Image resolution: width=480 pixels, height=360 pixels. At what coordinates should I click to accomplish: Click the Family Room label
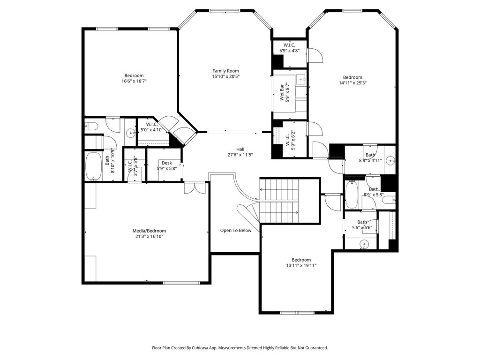[225, 71]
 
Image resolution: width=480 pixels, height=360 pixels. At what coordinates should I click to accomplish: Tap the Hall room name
[240, 150]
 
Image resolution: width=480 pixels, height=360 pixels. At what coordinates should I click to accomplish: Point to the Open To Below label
[236, 231]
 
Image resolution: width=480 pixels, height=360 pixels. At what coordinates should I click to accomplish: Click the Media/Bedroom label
[149, 231]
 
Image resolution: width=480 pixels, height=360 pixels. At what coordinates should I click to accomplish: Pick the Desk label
[167, 163]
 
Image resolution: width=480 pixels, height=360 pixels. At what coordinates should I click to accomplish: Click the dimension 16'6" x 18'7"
[134, 81]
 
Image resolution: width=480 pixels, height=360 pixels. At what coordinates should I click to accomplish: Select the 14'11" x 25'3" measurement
[352, 82]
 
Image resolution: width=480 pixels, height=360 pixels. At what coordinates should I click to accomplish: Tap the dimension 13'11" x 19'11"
[301, 265]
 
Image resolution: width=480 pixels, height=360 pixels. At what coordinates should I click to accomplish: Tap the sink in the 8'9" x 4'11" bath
[390, 160]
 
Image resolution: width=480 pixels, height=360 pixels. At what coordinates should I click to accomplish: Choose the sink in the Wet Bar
[302, 79]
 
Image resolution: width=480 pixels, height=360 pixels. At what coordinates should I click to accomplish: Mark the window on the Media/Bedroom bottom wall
[181, 283]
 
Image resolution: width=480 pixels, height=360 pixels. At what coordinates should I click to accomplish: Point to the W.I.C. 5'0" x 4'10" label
[151, 127]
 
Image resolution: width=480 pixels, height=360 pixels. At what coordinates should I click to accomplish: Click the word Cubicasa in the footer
[202, 348]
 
